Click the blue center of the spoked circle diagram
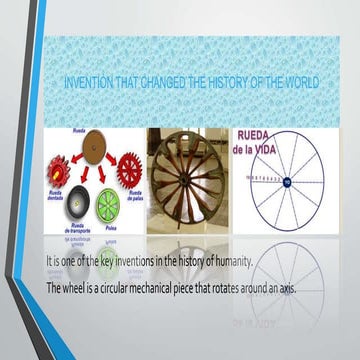click(286, 182)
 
